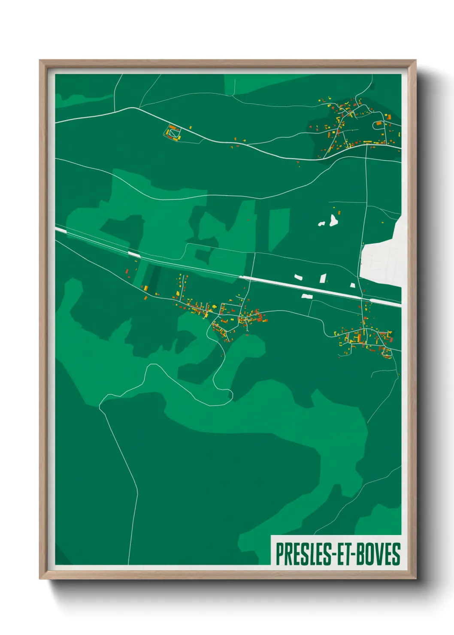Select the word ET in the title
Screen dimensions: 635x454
point(342,554)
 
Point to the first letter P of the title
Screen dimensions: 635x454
point(279,554)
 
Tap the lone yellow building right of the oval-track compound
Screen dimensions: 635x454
point(190,127)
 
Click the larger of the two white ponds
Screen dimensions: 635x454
point(333,221)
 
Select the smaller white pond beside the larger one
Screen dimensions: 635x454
point(321,224)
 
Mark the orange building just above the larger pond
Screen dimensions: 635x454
point(339,212)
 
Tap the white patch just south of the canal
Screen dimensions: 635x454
point(307,296)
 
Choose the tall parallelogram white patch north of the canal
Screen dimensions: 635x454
point(323,278)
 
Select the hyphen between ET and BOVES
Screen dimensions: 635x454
point(354,555)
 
